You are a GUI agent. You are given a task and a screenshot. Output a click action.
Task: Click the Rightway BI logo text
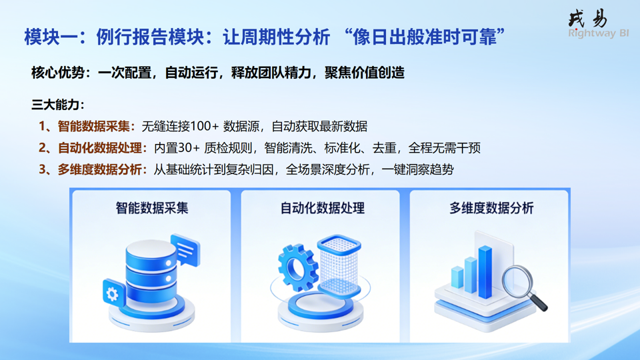(599, 33)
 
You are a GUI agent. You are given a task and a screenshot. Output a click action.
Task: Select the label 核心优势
(58, 73)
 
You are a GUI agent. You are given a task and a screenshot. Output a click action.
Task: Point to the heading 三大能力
(55, 105)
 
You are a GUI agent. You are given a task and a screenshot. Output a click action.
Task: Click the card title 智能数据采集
(152, 208)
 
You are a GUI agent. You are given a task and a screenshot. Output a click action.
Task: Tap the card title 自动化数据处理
(323, 208)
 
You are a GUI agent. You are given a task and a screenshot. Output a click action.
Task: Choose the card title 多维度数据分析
(491, 208)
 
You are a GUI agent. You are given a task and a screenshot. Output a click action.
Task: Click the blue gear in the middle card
(297, 268)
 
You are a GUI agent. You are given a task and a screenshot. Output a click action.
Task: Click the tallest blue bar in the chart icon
(485, 272)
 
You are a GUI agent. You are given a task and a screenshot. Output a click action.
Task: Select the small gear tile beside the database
(114, 293)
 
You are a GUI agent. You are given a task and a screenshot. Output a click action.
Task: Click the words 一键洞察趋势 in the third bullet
(418, 169)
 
